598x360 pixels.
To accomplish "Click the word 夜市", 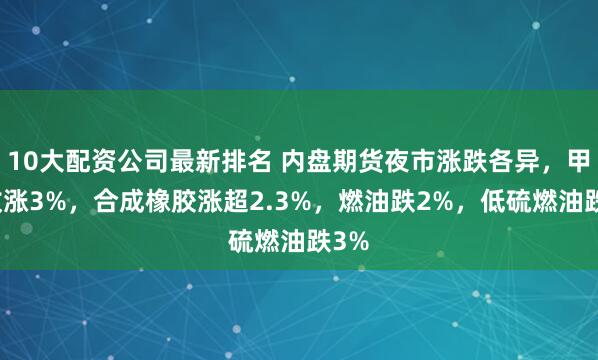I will [389, 161].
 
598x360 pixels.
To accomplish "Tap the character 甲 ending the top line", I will [576, 161].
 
